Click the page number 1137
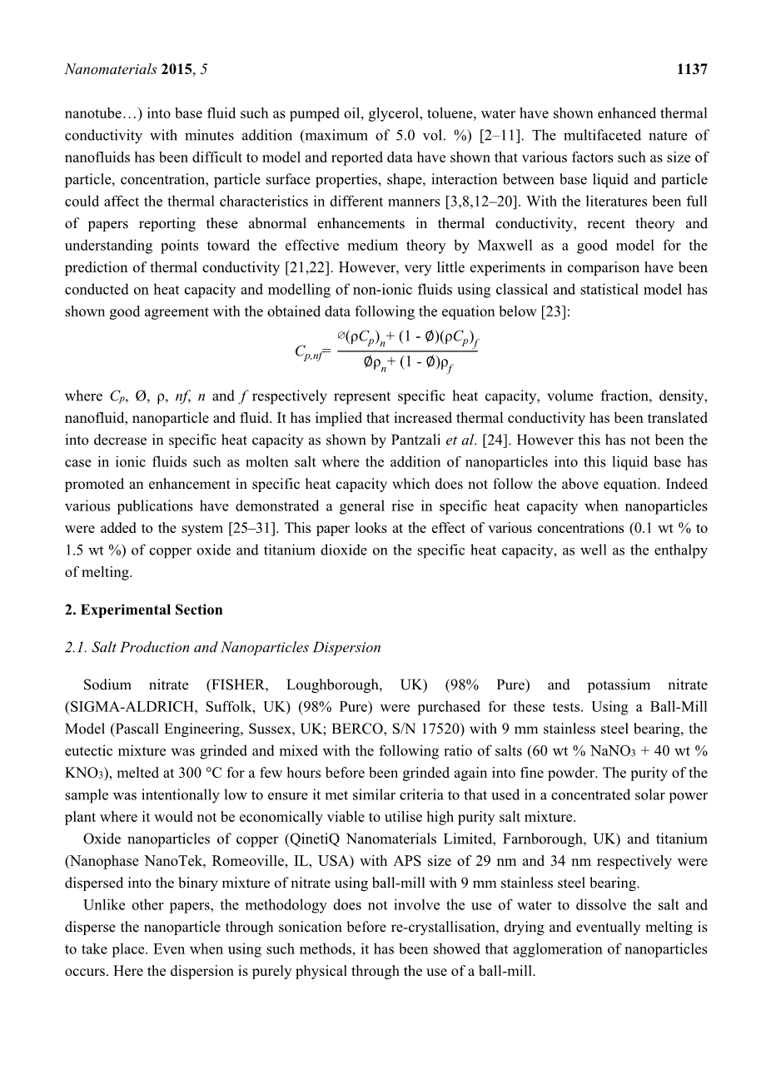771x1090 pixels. [692, 71]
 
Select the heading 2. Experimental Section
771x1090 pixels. [143, 610]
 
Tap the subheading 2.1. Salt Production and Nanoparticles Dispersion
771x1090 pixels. [222, 647]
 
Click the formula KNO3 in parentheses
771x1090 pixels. [82, 774]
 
